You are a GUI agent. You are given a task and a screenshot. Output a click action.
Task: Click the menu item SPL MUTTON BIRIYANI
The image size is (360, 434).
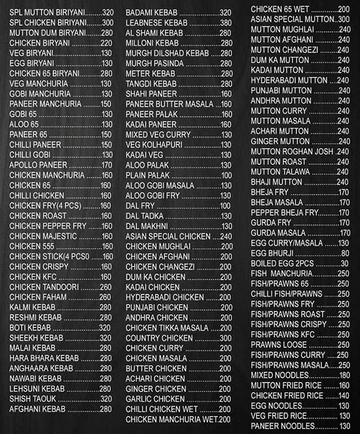(47, 12)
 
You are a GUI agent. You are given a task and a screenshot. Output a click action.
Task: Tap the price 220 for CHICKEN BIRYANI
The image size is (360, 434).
(106, 43)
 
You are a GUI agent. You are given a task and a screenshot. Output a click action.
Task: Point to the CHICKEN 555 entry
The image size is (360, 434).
(32, 246)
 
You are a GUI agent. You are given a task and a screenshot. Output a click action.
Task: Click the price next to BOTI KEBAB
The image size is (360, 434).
(106, 327)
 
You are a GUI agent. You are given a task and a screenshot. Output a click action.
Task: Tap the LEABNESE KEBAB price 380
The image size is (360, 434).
(225, 23)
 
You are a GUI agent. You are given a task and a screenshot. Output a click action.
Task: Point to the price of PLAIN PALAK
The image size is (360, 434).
(226, 175)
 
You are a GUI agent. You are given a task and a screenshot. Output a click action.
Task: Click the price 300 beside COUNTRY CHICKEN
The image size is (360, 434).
(226, 338)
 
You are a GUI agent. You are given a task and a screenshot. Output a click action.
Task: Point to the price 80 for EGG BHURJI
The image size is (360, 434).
(345, 252)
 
